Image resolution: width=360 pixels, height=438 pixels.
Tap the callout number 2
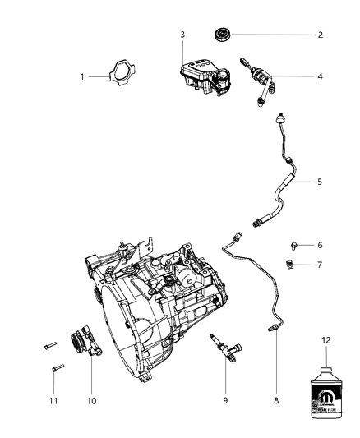click(320, 35)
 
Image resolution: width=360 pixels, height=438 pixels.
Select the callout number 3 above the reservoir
click(182, 34)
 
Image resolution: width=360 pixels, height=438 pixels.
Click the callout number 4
click(320, 76)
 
